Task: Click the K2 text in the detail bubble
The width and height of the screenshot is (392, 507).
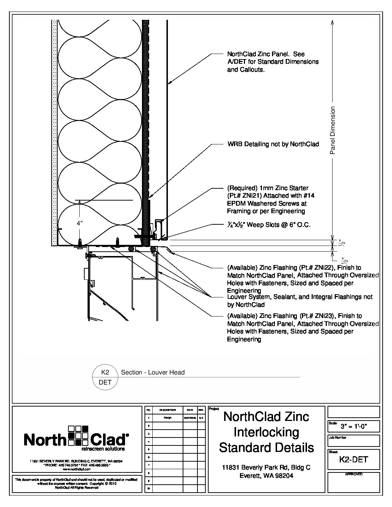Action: coord(105,372)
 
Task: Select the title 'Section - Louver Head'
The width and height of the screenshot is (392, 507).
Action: coord(153,372)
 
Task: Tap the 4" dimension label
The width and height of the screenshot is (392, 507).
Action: coord(80,223)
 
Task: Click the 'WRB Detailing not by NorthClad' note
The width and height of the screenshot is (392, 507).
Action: coord(273,144)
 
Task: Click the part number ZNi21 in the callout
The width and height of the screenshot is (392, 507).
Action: coord(254,196)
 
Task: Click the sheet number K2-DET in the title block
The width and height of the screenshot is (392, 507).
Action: coord(353,459)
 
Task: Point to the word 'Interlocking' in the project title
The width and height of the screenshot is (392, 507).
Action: coord(267,432)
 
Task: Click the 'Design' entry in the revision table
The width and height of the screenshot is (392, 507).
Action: coord(167,418)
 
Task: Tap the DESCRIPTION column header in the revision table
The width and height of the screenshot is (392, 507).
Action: coord(167,410)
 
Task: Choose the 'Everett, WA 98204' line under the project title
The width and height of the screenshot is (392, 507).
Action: coord(266,475)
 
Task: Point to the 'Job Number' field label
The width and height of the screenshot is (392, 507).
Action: coord(337,438)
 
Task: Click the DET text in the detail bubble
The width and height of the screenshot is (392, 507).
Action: coord(105,382)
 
